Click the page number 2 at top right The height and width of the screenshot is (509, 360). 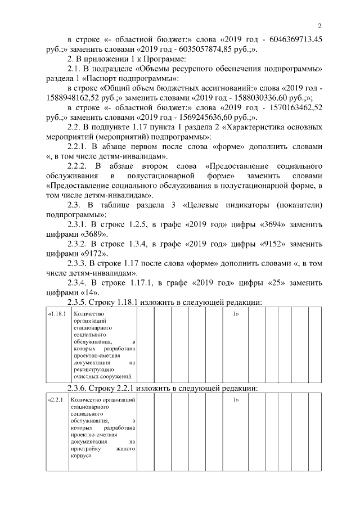pos(319,26)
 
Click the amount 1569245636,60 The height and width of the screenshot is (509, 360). pos(212,117)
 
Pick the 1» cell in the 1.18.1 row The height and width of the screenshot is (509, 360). pos(236,313)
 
